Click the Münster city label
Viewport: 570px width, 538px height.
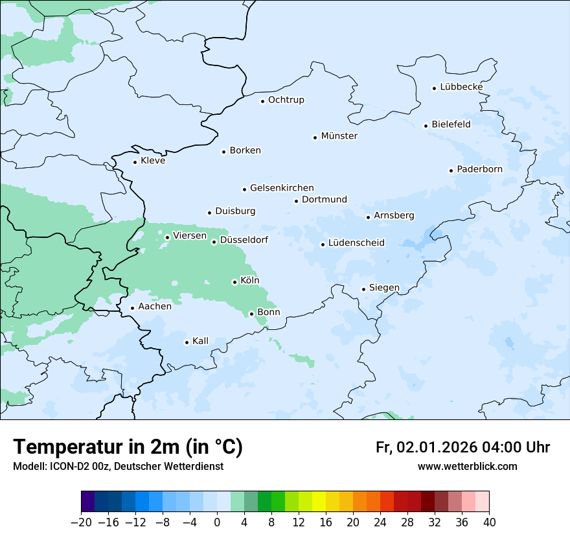339,136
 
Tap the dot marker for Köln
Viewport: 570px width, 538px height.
234,282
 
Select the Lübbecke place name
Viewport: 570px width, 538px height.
461,87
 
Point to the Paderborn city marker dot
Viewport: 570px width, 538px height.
451,170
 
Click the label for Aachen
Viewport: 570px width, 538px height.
155,307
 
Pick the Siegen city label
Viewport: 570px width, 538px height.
384,288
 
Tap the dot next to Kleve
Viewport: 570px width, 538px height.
135,162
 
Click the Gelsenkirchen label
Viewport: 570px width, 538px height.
282,188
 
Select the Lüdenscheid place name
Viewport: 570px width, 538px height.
356,243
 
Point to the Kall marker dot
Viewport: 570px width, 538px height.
187,342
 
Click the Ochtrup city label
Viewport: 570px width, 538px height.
286,100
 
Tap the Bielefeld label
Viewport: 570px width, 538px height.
451,124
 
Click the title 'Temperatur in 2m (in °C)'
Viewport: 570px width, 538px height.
128,447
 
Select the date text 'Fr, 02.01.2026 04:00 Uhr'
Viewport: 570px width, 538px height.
462,447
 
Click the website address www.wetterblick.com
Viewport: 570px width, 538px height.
467,466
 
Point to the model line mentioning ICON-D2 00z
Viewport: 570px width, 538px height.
118,466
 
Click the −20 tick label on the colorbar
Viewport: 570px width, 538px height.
82,522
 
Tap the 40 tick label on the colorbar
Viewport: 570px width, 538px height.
489,522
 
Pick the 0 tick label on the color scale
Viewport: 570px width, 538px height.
217,522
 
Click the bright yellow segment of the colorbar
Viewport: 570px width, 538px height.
319,501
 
